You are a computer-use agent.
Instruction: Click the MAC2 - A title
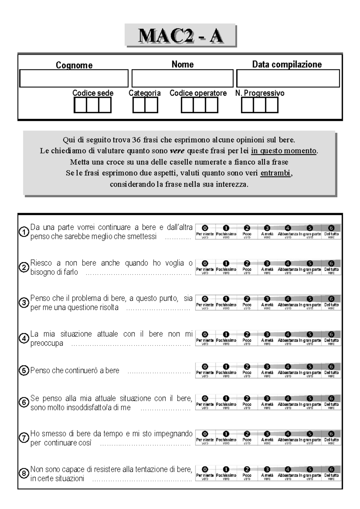pyautogui.click(x=180, y=36)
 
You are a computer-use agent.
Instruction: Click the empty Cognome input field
pyautogui.click(x=74, y=79)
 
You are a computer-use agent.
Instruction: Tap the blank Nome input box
pyautogui.click(x=182, y=79)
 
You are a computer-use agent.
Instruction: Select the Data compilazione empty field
pyautogui.click(x=288, y=79)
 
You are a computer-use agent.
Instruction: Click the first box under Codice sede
pyautogui.click(x=80, y=106)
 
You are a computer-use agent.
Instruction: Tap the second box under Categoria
pyautogui.click(x=151, y=106)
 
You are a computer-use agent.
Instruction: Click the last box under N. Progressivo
pyautogui.click(x=271, y=106)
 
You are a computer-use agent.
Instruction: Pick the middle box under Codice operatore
pyautogui.click(x=199, y=106)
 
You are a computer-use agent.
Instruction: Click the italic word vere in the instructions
pyautogui.click(x=177, y=151)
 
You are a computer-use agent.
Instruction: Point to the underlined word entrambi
pyautogui.click(x=275, y=173)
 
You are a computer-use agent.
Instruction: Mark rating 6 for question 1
pyautogui.click(x=331, y=228)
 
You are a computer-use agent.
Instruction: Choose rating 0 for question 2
pyautogui.click(x=205, y=263)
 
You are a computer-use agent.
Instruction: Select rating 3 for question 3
pyautogui.click(x=267, y=299)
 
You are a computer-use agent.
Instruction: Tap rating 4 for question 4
pyautogui.click(x=288, y=334)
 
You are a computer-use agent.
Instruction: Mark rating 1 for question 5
pyautogui.click(x=226, y=367)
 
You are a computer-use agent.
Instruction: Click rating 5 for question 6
pyautogui.click(x=310, y=398)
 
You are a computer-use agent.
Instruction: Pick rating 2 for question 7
pyautogui.click(x=247, y=434)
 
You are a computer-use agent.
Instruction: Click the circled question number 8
pyautogui.click(x=24, y=474)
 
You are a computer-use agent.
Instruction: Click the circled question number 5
pyautogui.click(x=24, y=371)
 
